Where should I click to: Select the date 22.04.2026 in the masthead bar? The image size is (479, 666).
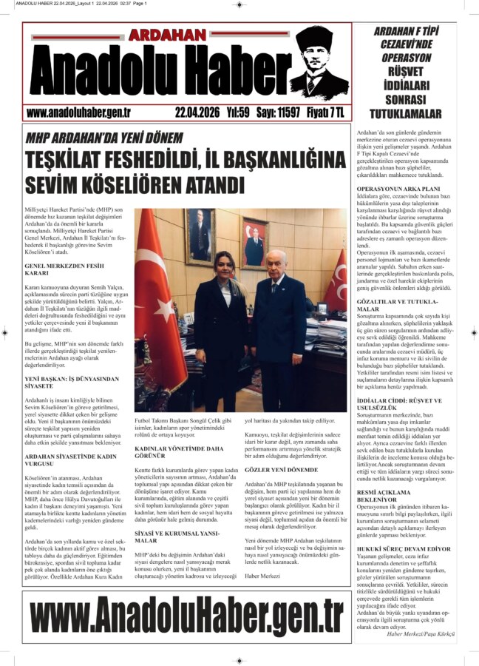pos(197,112)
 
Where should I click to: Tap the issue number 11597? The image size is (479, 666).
pos(283,112)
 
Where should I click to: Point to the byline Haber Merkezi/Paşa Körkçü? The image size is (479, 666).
pos(427,634)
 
